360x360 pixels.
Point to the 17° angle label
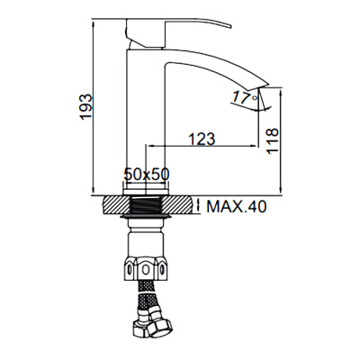click(242, 95)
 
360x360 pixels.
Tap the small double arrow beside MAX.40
click(198, 206)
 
